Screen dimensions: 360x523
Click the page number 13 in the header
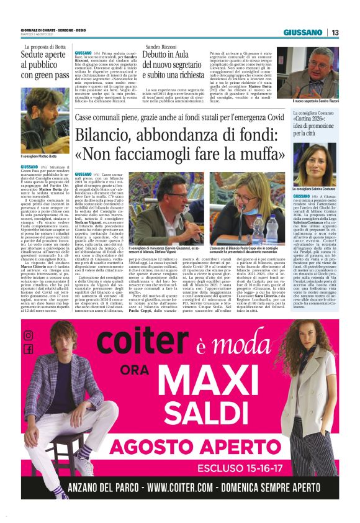335,32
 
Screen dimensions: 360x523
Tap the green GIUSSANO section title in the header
303,32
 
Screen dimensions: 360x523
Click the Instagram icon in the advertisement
29,335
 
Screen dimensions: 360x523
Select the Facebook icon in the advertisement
29,349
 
